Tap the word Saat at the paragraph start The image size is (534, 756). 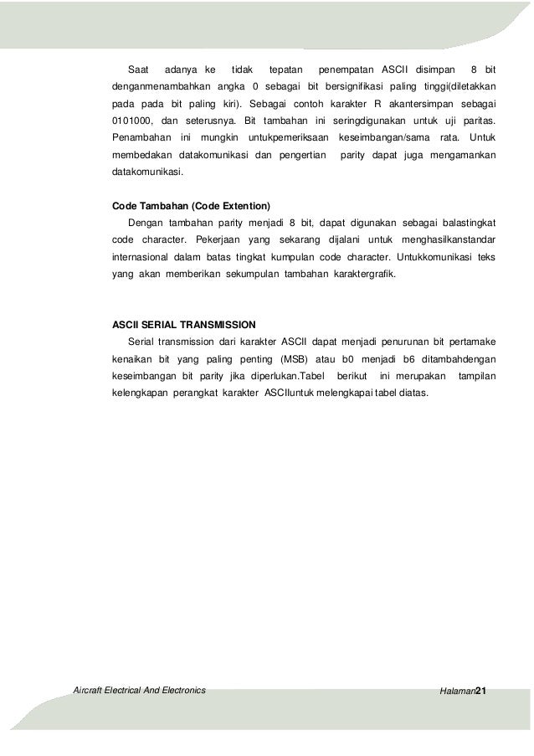point(137,68)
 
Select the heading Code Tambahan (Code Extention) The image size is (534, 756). point(191,205)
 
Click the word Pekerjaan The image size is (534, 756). point(211,241)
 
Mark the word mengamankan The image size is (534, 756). point(461,155)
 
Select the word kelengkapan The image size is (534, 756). point(140,393)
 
